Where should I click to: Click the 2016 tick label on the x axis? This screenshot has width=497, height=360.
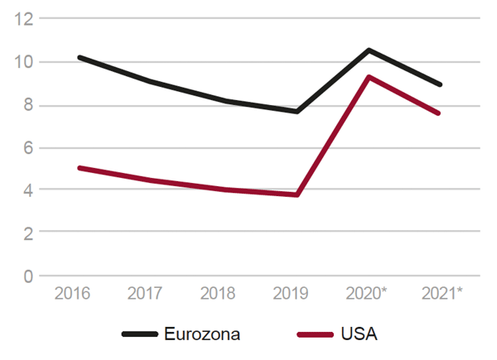71,294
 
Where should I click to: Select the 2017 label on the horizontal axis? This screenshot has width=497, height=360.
147,294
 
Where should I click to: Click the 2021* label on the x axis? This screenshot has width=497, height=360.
441,294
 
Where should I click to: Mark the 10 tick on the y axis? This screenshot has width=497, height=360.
27,62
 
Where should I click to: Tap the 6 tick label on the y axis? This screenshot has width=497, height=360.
31,148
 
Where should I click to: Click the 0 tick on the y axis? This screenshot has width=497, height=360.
31,276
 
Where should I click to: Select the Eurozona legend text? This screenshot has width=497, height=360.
203,334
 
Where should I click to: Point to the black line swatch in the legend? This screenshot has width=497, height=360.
139,334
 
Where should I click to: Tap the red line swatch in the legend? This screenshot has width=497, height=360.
316,334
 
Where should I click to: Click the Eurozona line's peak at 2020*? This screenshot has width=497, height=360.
369,50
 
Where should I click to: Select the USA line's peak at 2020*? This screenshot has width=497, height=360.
369,77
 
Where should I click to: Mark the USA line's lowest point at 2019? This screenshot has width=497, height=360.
297,194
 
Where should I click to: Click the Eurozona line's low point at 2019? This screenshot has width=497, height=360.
297,111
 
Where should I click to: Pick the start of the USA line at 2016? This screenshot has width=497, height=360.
79,168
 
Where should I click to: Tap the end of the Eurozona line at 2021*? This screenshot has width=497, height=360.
440,84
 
